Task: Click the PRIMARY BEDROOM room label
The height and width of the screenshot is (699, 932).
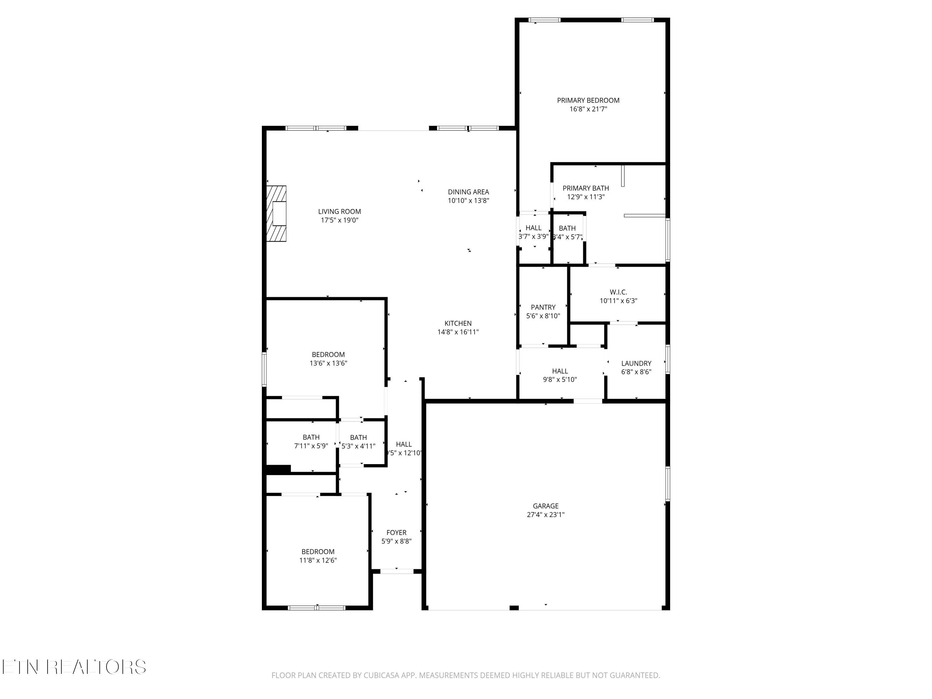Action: click(x=588, y=100)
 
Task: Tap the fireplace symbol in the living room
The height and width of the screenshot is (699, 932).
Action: click(x=276, y=214)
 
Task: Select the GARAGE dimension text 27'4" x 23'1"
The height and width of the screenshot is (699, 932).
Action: click(x=546, y=514)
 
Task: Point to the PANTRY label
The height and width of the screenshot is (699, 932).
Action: click(x=543, y=307)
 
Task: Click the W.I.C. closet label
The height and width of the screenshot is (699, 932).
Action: click(x=619, y=292)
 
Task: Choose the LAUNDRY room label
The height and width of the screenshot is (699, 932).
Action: click(x=636, y=363)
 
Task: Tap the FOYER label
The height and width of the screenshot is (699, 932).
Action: click(x=396, y=532)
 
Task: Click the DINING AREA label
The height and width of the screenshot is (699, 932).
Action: click(x=468, y=192)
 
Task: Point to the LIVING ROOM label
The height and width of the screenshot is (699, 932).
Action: click(x=340, y=212)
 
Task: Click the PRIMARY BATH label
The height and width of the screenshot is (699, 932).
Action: click(x=586, y=188)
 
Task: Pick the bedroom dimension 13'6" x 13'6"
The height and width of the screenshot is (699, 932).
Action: click(x=328, y=363)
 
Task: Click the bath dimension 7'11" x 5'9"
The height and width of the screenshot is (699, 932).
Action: click(x=311, y=446)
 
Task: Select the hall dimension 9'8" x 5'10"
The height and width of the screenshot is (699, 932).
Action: click(x=560, y=380)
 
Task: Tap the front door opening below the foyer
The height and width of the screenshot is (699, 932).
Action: click(x=397, y=571)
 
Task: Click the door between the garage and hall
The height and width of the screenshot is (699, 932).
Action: click(x=588, y=401)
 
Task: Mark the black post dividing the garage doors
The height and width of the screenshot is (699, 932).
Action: click(x=514, y=608)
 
